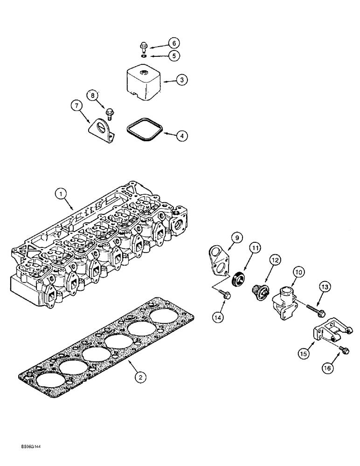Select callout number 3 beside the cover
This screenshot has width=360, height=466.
pos(171,80)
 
